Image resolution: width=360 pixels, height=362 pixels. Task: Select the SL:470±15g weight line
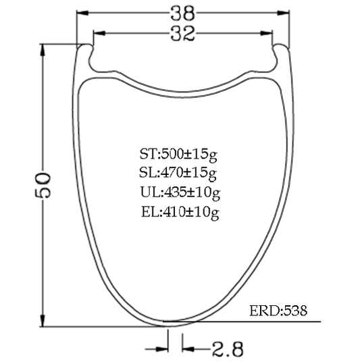tap(178, 174)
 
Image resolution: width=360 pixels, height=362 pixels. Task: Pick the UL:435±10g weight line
tap(178, 193)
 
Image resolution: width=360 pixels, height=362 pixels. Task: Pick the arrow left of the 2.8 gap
tap(161, 349)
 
